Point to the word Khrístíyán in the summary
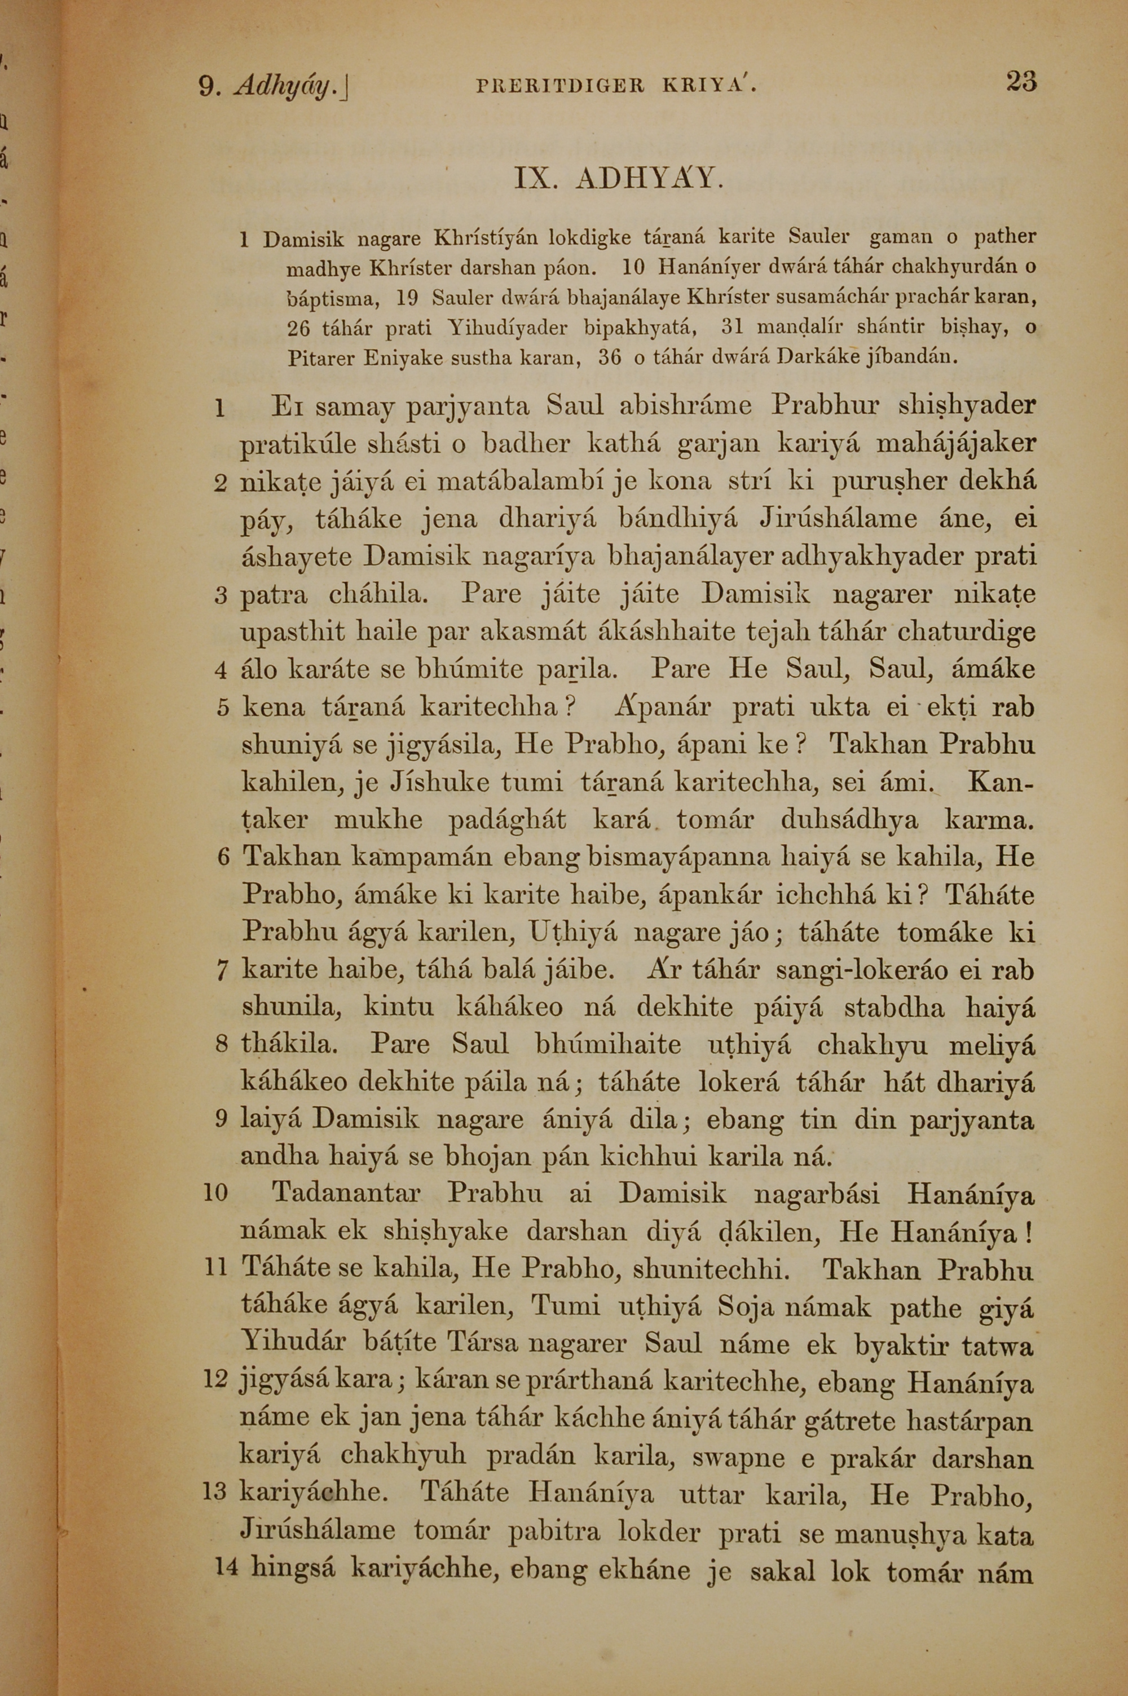click(x=485, y=237)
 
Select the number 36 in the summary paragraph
click(x=609, y=357)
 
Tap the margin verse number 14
click(x=226, y=1570)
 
